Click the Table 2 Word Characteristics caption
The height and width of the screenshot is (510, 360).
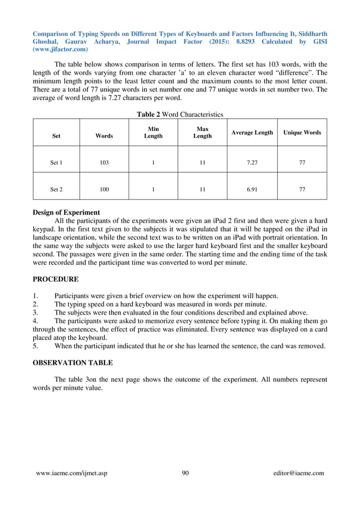point(180,114)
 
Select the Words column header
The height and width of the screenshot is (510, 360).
point(104,136)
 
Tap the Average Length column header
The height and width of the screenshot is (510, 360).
point(252,133)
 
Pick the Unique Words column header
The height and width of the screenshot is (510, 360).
point(302,133)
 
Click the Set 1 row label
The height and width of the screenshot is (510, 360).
point(56,163)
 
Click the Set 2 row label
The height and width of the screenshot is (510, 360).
point(56,190)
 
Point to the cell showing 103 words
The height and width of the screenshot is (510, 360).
point(104,163)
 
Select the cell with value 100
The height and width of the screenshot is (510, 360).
point(104,190)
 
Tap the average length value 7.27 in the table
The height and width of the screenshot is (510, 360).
point(252,163)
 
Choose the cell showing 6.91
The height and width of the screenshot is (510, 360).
point(252,190)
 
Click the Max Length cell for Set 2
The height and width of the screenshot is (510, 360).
point(202,190)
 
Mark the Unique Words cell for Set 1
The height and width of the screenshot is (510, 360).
point(302,163)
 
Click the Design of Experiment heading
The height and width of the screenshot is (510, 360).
point(66,212)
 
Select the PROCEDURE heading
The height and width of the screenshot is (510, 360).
point(55,279)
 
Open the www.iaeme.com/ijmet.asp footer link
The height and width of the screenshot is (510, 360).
point(71,473)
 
